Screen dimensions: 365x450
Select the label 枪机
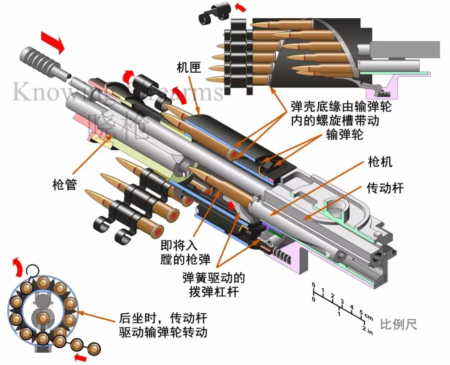tap(380, 162)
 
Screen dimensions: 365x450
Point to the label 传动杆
tap(385, 188)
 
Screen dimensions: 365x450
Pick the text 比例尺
tap(399, 324)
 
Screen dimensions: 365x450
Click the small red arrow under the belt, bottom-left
tap(81, 357)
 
